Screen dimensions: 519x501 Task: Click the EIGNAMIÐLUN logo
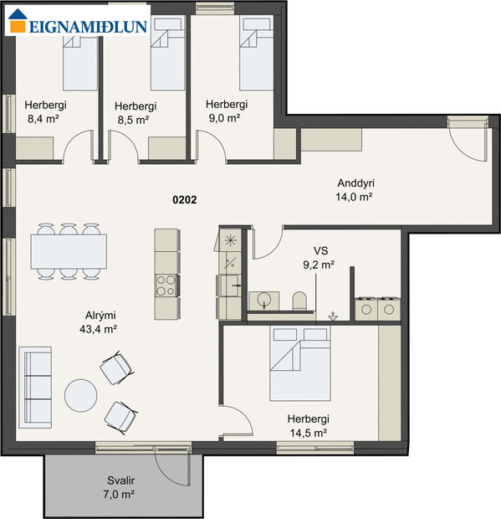tap(77, 24)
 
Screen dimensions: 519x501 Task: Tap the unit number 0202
tap(185, 199)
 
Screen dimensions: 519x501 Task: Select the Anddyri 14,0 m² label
tap(354, 190)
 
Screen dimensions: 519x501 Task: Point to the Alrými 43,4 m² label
tap(99, 322)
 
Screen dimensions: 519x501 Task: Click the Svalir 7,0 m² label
tap(121, 488)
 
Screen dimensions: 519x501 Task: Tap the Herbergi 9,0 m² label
tap(227, 111)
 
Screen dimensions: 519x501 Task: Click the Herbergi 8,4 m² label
tap(45, 112)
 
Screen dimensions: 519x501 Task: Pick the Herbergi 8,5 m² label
tap(135, 113)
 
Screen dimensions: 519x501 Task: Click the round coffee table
tap(82, 395)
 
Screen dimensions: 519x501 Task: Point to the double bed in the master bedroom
tap(299, 362)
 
